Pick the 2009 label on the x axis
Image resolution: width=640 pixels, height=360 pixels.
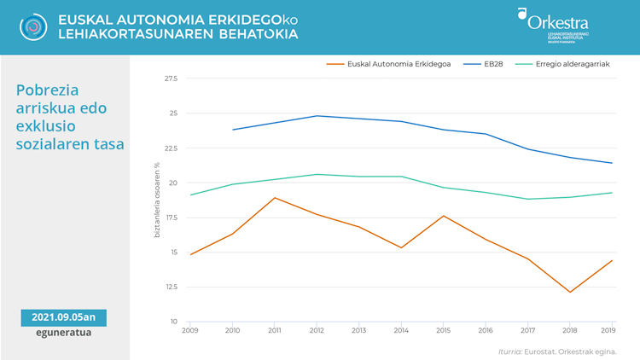point(189,329)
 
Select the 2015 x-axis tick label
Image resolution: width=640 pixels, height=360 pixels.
point(443,329)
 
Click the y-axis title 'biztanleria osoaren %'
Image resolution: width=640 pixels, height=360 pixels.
point(157,200)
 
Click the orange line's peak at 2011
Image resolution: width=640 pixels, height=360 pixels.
point(274,198)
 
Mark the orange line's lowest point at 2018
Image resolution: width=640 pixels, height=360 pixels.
point(569,293)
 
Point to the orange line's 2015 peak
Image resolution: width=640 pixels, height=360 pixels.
point(443,216)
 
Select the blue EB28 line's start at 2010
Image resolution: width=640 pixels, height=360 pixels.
point(232,130)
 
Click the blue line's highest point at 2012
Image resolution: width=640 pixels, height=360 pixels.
point(317,116)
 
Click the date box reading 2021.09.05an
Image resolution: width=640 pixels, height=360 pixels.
point(64,317)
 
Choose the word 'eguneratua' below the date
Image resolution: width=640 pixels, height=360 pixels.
point(64,334)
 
